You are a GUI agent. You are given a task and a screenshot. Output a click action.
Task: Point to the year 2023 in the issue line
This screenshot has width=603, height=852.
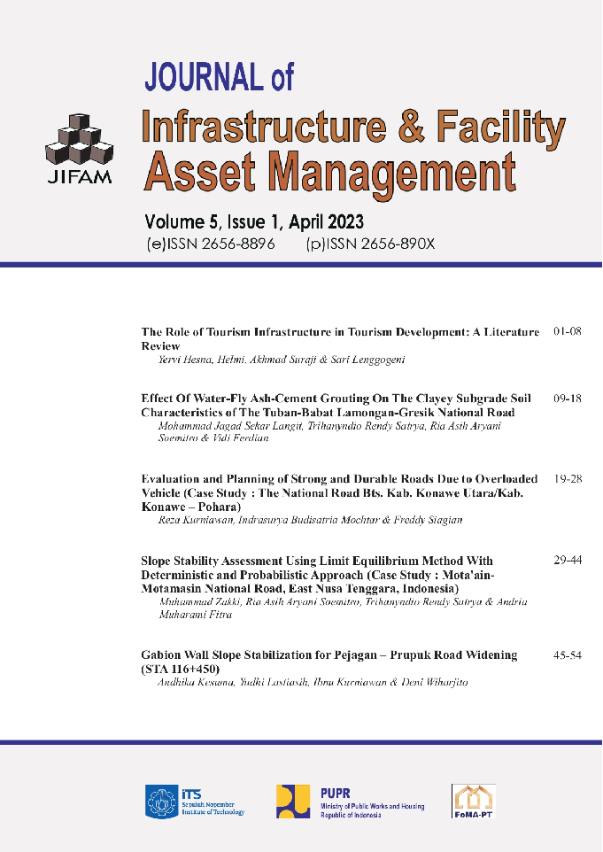point(339,221)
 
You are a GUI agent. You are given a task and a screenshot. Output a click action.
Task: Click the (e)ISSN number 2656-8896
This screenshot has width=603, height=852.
point(234,244)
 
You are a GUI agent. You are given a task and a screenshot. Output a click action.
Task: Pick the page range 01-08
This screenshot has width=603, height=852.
point(567,332)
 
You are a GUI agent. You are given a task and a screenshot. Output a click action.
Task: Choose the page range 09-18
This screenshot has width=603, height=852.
point(567,399)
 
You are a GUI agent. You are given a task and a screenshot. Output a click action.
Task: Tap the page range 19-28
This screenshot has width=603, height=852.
point(567,479)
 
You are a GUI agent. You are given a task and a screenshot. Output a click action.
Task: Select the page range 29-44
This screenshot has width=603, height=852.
point(567,561)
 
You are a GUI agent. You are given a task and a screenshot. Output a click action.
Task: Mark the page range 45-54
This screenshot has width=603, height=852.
point(567,655)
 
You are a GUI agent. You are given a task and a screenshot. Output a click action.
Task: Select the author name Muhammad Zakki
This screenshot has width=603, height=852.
point(190,602)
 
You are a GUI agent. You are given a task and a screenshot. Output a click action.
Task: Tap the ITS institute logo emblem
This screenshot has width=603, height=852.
point(159,800)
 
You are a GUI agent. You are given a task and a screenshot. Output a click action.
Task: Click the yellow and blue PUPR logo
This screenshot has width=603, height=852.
point(293,801)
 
